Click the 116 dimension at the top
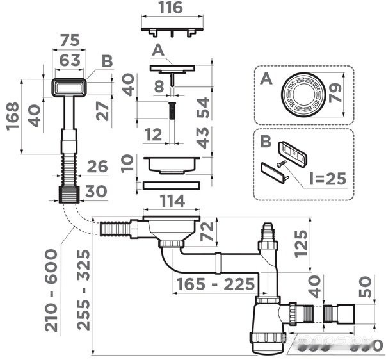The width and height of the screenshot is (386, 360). click(172, 8)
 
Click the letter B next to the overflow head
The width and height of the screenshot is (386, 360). click(106, 61)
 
